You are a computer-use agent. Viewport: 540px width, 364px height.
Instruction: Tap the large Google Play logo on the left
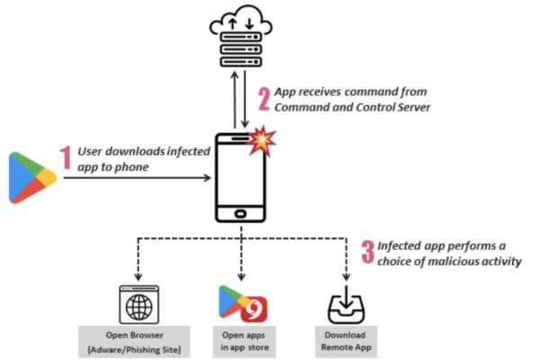pos(32,178)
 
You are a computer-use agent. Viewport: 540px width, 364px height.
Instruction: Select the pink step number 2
pos(265,97)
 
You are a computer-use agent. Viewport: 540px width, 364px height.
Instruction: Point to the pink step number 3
pos(366,251)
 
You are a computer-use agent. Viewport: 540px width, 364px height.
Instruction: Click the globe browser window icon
pos(139,304)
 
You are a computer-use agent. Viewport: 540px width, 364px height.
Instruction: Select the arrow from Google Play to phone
pos(135,178)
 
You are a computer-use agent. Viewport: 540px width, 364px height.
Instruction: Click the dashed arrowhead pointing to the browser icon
pos(138,277)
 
